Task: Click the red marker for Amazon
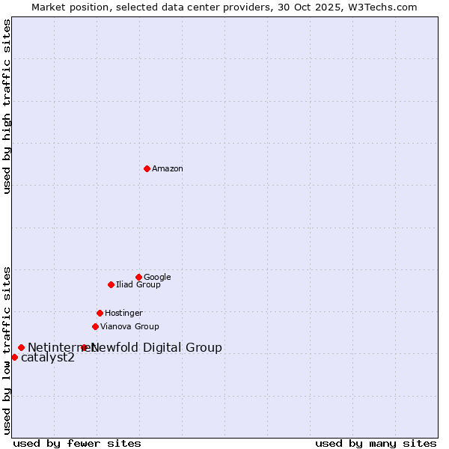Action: (147, 168)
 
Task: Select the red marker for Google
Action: (138, 277)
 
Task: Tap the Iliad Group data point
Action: (111, 284)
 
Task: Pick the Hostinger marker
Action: (100, 313)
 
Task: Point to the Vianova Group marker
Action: (95, 326)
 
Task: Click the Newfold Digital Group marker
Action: (84, 347)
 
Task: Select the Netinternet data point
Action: (21, 347)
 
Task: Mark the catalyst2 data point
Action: (14, 357)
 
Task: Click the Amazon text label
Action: (168, 169)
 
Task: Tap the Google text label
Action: (157, 278)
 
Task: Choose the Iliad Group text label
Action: (138, 285)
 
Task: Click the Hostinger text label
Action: (123, 314)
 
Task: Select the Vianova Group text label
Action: (129, 327)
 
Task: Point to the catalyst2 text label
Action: (48, 358)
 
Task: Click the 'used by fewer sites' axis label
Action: (77, 443)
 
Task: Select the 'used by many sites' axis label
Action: (376, 443)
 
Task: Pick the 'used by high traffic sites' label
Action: (7, 106)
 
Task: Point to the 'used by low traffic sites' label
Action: (7, 349)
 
